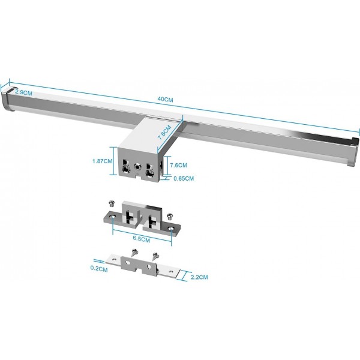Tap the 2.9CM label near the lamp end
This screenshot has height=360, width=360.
(23, 93)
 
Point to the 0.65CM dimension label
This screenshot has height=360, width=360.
(182, 178)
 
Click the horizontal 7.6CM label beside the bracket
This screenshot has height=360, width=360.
(179, 165)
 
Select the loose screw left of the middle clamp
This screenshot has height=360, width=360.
(111, 204)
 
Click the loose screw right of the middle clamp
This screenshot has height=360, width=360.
(170, 214)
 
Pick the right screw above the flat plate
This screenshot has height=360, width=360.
(155, 256)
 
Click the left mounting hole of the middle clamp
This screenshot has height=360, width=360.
(112, 217)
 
